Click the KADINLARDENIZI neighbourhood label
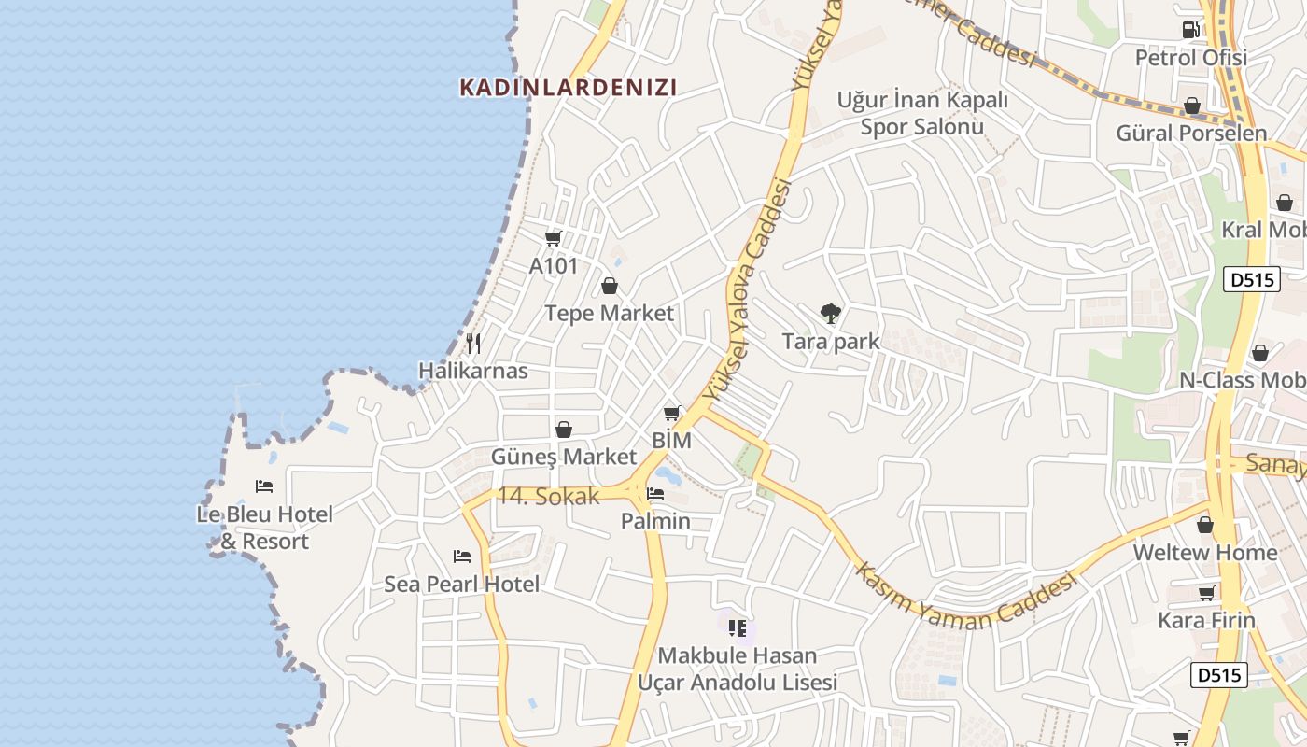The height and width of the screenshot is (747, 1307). (x=568, y=88)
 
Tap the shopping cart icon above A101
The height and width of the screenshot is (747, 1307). (x=553, y=239)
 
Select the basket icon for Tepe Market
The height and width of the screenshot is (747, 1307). (x=610, y=286)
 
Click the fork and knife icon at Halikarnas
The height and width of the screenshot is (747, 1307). (x=473, y=344)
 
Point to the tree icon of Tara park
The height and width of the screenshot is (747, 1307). (x=830, y=314)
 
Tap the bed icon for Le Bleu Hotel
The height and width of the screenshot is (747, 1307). (x=264, y=486)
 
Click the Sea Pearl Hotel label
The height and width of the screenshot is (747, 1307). (x=462, y=585)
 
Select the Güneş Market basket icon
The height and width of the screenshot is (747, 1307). (x=563, y=430)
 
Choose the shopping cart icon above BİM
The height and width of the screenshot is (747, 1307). (x=671, y=413)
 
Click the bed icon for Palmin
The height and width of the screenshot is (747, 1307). (x=655, y=494)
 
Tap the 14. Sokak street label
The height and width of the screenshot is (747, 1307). (x=548, y=497)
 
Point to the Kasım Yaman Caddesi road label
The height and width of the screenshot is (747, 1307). (x=966, y=599)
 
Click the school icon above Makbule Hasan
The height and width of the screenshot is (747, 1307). (x=738, y=628)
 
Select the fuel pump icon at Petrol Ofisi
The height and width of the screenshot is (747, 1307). (x=1190, y=30)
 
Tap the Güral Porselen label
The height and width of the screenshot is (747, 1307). (x=1191, y=133)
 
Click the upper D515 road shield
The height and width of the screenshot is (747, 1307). (x=1251, y=279)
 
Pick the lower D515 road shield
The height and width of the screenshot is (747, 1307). (x=1219, y=674)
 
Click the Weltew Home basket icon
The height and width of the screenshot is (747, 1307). (x=1205, y=525)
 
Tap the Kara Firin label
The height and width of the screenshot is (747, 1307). (x=1206, y=620)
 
